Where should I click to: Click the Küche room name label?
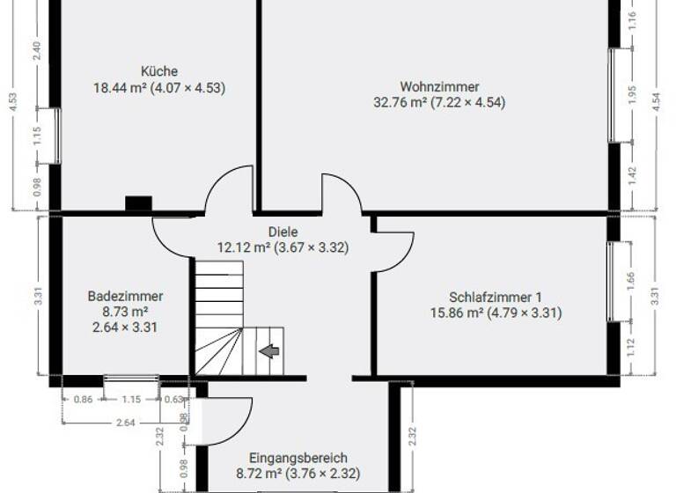coord(159,71)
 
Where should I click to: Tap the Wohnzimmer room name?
coord(439,86)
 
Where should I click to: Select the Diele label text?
coord(283,232)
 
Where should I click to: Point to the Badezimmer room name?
coord(125,297)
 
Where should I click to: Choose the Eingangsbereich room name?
coord(298,458)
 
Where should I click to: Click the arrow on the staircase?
coord(269,351)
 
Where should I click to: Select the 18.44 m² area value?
coord(120,87)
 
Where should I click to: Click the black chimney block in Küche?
coord(138,203)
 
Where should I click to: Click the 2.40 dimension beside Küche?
coord(37,51)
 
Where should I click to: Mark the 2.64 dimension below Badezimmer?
coord(125,423)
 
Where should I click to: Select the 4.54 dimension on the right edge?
coord(656,99)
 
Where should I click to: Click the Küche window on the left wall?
coord(57,136)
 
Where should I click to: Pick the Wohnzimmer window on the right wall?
coord(614,95)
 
